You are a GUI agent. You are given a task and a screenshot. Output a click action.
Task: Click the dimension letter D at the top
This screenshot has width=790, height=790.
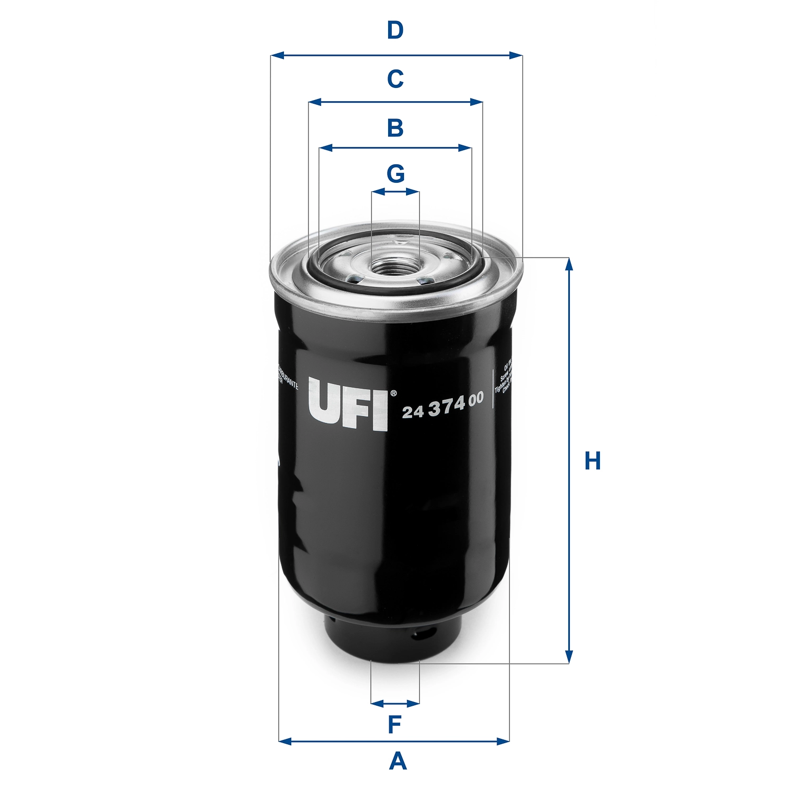tap(395, 31)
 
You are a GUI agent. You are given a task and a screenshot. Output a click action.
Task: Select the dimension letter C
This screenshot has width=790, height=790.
tap(395, 79)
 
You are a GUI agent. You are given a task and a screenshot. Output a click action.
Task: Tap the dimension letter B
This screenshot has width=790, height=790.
tap(395, 128)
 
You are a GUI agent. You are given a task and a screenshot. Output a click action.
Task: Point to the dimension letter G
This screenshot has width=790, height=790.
tap(396, 173)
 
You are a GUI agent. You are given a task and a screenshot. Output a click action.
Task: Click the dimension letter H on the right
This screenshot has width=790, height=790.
tap(592, 461)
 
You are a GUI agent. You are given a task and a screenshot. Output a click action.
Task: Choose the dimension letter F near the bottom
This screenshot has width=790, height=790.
tap(394, 725)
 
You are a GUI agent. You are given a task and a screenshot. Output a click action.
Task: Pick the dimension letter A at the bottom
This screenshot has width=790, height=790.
tap(398, 762)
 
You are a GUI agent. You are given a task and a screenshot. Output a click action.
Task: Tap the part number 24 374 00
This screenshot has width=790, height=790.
tap(442, 406)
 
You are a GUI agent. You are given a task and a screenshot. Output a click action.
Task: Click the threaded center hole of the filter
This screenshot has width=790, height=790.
tap(395, 266)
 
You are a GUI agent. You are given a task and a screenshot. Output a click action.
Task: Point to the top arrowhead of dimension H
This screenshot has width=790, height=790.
tap(569, 263)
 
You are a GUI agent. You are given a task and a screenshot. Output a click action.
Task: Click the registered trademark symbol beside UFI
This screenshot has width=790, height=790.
tap(392, 393)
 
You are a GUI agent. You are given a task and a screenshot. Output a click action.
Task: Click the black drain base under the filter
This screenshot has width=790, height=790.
tap(390, 640)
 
